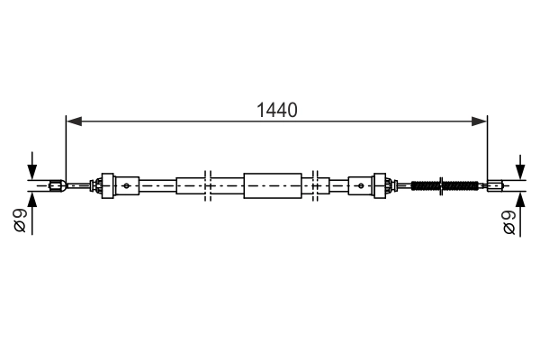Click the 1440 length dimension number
277,110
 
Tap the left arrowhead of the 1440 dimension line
74,121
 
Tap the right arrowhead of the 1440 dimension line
479,121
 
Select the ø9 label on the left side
20,220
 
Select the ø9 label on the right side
509,222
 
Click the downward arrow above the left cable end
32,166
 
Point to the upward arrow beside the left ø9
32,213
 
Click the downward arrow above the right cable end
520,167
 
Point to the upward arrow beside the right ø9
520,214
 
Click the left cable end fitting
58,186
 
